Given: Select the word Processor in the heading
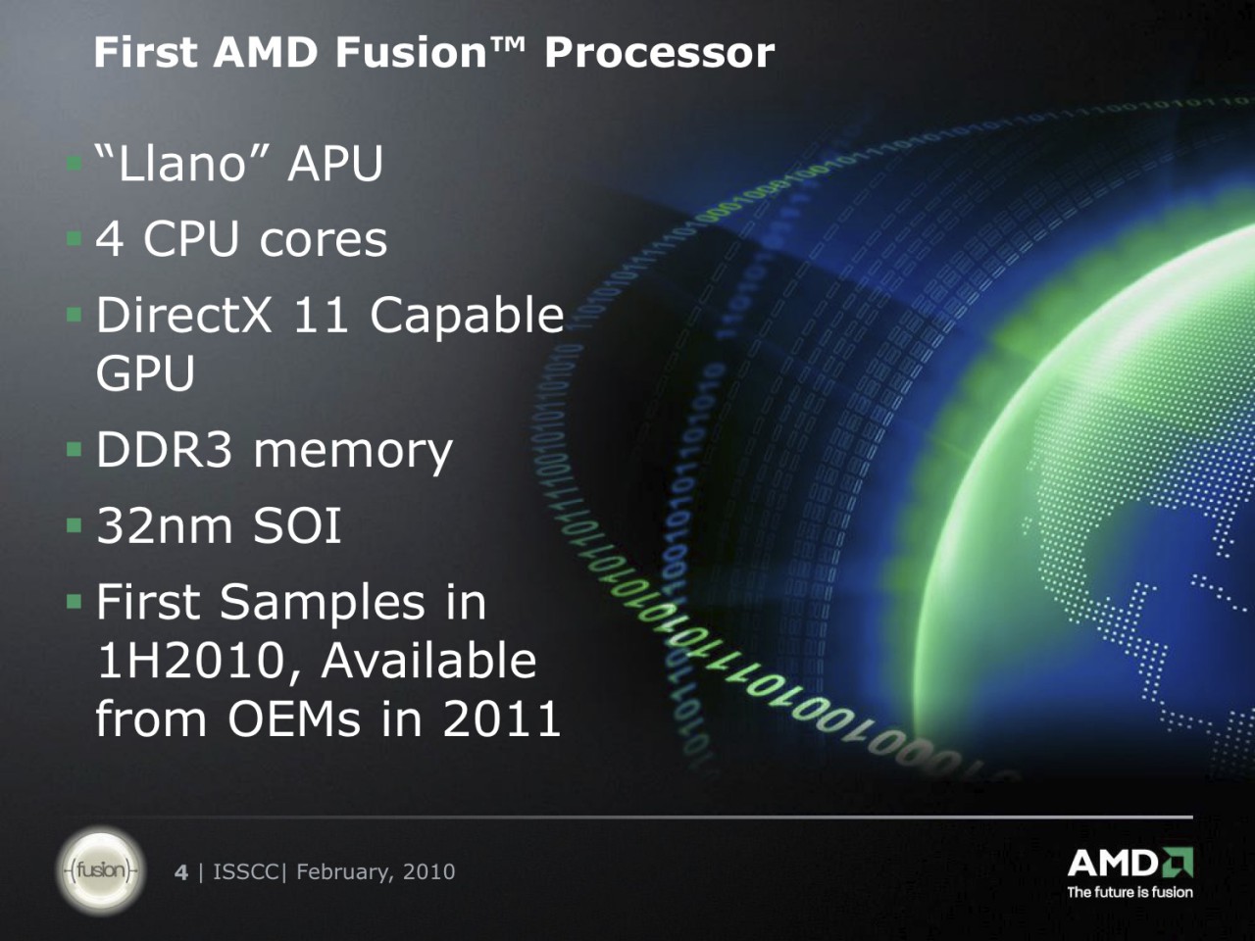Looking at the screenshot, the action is pos(659,54).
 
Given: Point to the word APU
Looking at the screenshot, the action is pos(335,164).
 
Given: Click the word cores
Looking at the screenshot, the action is pos(323,240).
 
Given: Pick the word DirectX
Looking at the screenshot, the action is pos(183,315).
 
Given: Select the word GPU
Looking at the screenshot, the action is pos(145,373).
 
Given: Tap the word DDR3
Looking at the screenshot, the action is pos(164,450).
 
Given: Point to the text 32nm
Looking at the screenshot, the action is pos(165,525).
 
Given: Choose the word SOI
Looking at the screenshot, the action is pos(297,525).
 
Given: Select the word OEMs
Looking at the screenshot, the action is pos(294,718).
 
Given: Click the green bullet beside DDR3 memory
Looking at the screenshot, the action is pos(75,449).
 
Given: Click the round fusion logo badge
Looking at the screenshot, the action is pos(101,871).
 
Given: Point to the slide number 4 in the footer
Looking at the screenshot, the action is pos(181,872).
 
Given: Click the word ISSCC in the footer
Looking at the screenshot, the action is pos(246,872).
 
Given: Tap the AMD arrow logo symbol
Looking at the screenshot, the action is pos(1176,863).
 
